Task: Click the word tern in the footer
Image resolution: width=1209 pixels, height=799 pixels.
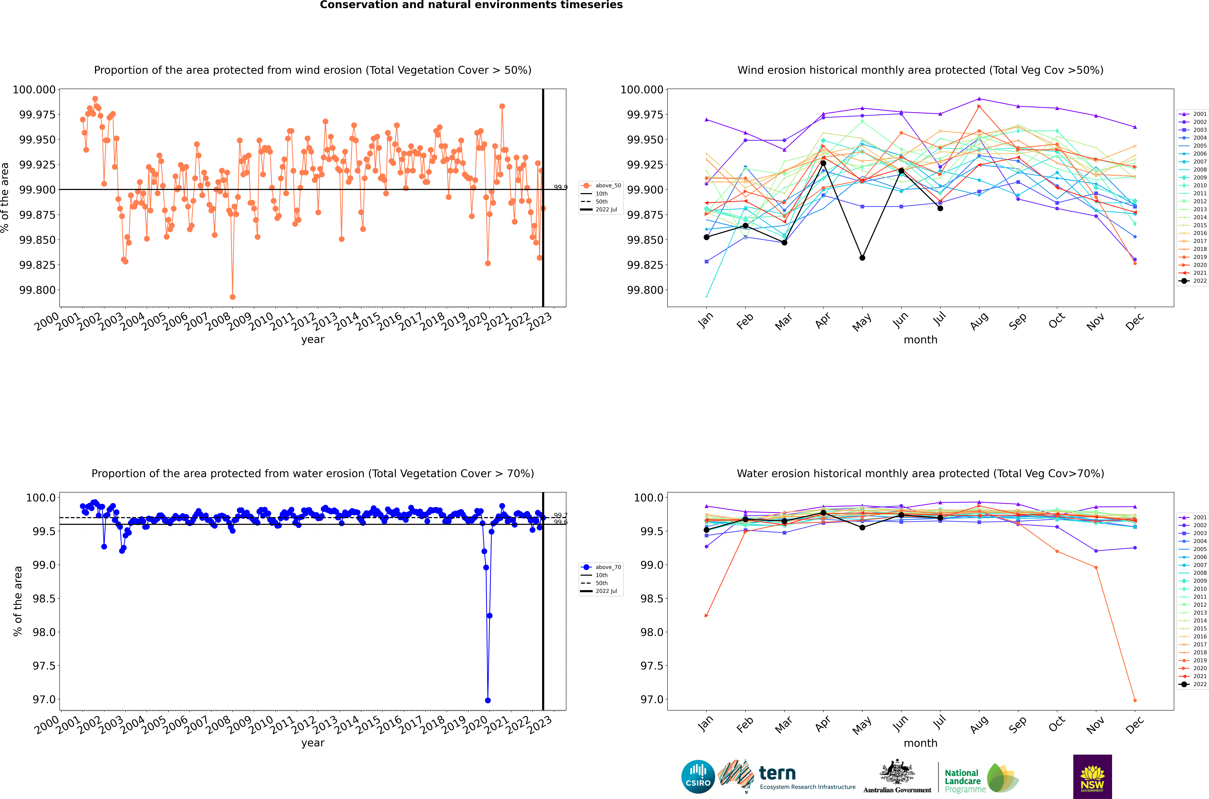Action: (x=777, y=774)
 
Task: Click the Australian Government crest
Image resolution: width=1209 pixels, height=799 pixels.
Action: (x=897, y=772)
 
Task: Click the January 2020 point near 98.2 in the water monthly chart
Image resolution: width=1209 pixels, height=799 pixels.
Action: (x=706, y=616)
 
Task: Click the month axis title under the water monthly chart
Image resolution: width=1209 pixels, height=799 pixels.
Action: (x=920, y=743)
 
